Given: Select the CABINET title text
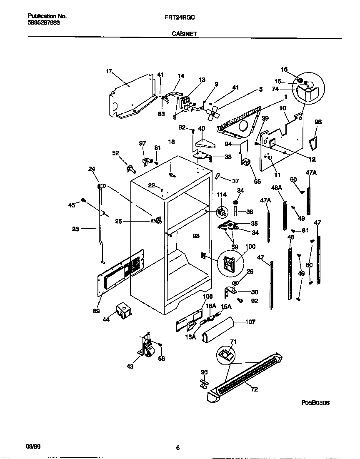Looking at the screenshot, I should point(184,34).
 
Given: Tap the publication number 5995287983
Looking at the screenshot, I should point(44,23).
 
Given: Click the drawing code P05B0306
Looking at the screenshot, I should point(318,403).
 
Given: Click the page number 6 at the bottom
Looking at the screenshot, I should point(177,448).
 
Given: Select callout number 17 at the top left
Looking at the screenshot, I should point(109,72).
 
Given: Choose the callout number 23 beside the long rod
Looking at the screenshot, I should point(75,229).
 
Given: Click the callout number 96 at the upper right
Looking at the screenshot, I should point(318,122).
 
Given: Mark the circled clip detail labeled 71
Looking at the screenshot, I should point(226,354).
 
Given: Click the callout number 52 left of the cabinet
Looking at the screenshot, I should point(116,153).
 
